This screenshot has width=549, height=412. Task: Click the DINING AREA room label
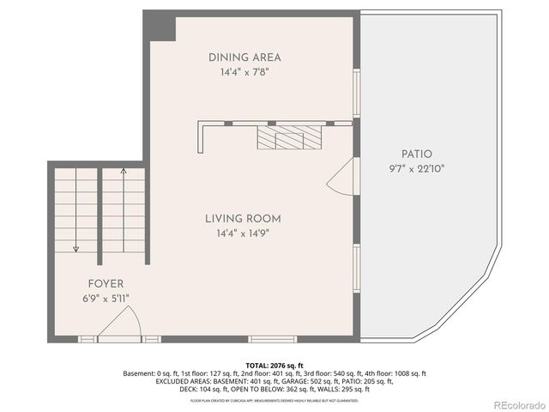pyautogui.click(x=244, y=58)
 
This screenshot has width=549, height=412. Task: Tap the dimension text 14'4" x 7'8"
pyautogui.click(x=244, y=72)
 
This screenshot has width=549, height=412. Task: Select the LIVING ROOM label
pyautogui.click(x=243, y=218)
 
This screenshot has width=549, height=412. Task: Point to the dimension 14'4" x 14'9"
pyautogui.click(x=243, y=233)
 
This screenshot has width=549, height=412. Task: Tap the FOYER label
pyautogui.click(x=106, y=283)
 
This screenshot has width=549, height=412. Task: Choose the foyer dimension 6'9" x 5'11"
pyautogui.click(x=106, y=298)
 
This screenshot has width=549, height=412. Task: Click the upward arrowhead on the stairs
pyautogui.click(x=123, y=172)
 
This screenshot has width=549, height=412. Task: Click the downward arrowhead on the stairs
pyautogui.click(x=76, y=249)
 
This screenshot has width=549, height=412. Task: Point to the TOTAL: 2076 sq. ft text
pyautogui.click(x=274, y=366)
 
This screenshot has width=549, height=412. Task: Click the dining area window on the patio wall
pyautogui.click(x=357, y=92)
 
